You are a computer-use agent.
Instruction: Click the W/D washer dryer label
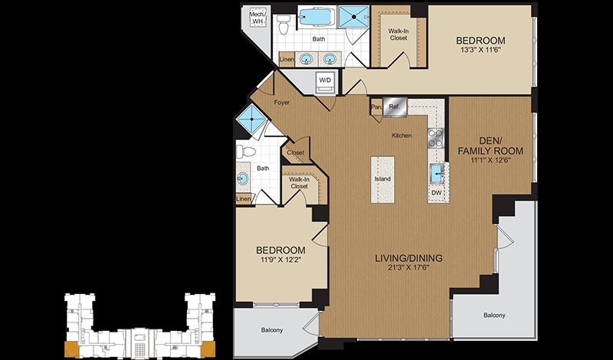(x=325, y=80)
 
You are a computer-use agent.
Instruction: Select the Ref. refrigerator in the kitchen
(x=395, y=106)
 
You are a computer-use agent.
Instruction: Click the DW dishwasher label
(x=436, y=192)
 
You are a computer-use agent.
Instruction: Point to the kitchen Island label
(x=382, y=179)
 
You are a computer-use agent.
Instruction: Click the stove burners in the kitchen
(x=436, y=138)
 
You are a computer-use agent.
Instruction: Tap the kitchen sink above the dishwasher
(x=437, y=173)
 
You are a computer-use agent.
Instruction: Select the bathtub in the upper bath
(x=316, y=17)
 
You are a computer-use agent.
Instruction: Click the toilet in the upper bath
(x=284, y=25)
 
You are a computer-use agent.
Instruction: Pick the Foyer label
(x=281, y=103)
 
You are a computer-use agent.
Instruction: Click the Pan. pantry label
(x=376, y=106)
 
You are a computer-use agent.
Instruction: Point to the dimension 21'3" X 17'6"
(x=408, y=269)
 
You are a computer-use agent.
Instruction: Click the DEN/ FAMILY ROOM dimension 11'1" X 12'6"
(x=490, y=159)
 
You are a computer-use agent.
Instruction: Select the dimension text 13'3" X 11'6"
(x=480, y=50)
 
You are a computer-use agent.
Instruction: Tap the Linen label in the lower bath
(x=244, y=199)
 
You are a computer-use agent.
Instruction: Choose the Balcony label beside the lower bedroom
(x=272, y=330)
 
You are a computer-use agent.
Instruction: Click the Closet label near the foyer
(x=295, y=152)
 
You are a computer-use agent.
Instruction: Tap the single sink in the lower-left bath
(x=242, y=178)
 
